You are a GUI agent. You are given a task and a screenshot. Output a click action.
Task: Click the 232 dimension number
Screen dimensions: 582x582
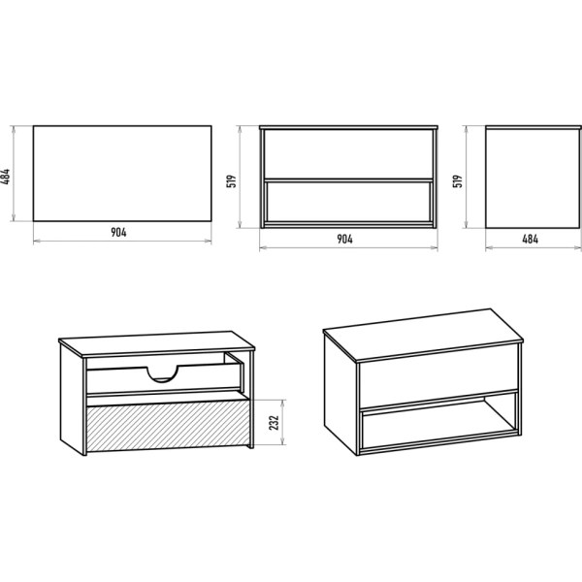coord(274,423)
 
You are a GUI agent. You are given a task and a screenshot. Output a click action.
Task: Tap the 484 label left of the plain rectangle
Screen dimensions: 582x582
coord(5,177)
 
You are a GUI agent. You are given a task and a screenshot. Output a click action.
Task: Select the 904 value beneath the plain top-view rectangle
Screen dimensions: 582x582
coord(118,233)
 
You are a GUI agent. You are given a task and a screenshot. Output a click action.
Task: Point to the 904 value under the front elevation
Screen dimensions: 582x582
coord(344,239)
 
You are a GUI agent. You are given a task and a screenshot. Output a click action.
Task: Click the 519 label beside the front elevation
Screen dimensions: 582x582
coord(231,181)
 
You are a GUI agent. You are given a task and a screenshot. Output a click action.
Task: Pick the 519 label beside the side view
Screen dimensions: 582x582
coord(458,181)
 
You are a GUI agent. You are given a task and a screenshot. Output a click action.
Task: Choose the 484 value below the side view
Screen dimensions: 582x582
coord(530,239)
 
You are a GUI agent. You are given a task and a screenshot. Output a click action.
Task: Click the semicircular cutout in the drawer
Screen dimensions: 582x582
coord(162,375)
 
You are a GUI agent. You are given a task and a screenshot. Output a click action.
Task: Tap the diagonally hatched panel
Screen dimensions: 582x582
coord(168,426)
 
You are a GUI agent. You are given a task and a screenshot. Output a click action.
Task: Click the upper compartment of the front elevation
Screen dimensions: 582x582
coord(348,154)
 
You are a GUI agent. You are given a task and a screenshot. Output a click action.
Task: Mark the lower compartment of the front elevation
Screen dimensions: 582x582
coord(348,202)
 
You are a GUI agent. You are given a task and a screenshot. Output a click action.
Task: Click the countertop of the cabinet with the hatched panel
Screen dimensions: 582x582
coord(156,343)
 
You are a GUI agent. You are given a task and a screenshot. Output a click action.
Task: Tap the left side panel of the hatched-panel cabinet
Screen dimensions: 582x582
coord(72,399)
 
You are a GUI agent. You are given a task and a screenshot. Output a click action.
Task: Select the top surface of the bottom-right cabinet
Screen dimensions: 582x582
coord(423,334)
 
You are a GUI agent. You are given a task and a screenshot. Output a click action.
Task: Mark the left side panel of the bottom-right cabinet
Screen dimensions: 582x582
coord(340,393)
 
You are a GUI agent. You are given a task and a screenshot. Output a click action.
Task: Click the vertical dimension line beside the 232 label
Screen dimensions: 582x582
coord(283,422)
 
